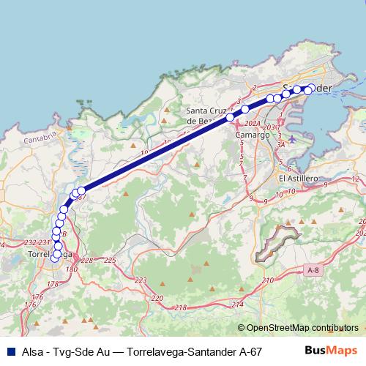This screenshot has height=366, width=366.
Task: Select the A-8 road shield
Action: pos(313,271)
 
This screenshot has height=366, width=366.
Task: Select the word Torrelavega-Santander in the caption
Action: pos(178,351)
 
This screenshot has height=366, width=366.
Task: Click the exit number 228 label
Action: pos(87,261)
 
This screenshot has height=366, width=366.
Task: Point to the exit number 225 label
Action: pos(110,261)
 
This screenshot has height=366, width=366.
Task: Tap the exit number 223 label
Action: pos(141,280)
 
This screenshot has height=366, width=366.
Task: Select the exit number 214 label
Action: pos(236,304)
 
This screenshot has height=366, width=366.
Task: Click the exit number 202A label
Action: pos(253,124)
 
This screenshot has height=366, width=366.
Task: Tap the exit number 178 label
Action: pos(53,284)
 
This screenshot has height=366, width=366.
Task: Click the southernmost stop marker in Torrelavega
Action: pos(55,256)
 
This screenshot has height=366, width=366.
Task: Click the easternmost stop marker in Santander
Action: pos(311,89)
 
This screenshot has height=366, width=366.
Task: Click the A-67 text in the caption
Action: pos(251,351)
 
